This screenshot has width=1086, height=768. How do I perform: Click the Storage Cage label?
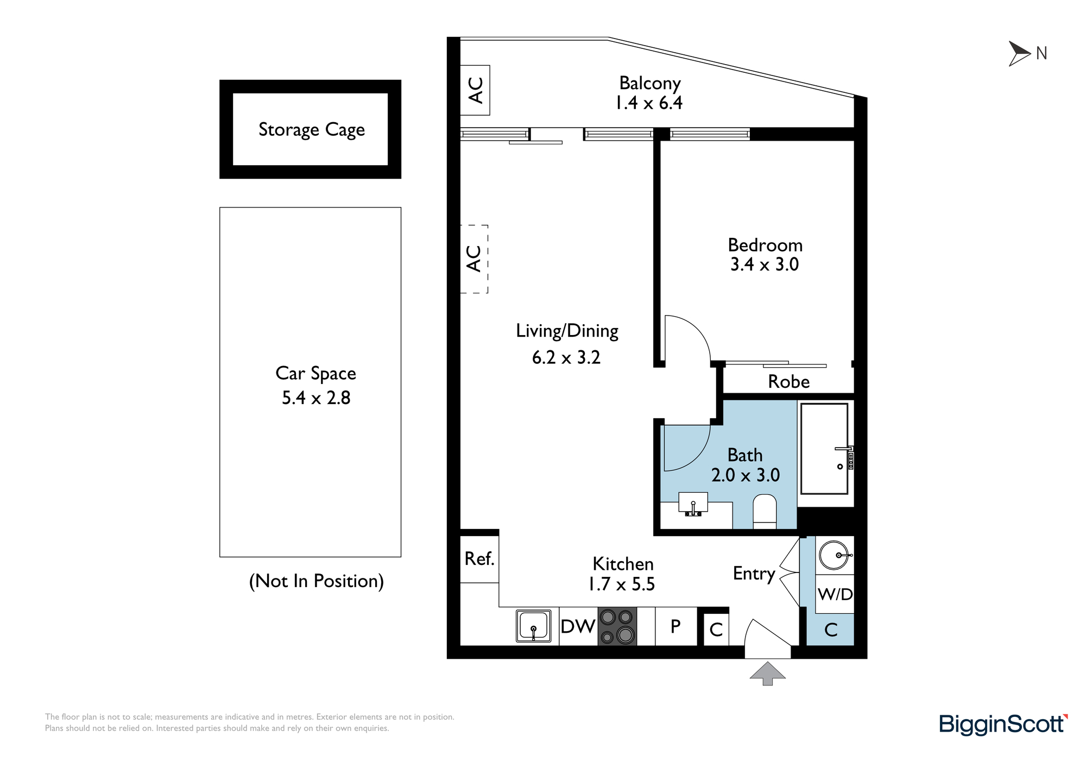[312, 130]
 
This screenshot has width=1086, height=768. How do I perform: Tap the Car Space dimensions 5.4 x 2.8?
[316, 398]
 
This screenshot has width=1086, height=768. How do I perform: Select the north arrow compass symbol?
[1019, 54]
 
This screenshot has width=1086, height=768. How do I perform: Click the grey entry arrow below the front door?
[767, 673]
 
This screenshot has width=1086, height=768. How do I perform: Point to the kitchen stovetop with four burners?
[617, 626]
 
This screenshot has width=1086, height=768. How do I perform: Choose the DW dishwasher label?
[578, 627]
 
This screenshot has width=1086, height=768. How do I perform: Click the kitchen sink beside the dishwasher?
[533, 626]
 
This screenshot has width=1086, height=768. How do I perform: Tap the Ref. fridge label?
[479, 558]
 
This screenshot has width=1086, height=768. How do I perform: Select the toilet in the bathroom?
[765, 511]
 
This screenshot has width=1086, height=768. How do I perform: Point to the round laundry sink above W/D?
[835, 555]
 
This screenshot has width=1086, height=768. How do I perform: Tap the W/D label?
[835, 594]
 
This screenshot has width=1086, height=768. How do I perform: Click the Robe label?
[789, 382]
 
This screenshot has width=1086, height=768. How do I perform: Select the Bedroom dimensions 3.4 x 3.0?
[765, 265]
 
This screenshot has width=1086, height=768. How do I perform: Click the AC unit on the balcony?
[475, 90]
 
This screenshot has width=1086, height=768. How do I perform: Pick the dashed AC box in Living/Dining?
[474, 259]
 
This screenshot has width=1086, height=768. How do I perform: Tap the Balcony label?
[650, 83]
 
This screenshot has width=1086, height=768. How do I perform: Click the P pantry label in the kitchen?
[675, 626]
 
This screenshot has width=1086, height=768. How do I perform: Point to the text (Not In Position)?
[317, 581]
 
